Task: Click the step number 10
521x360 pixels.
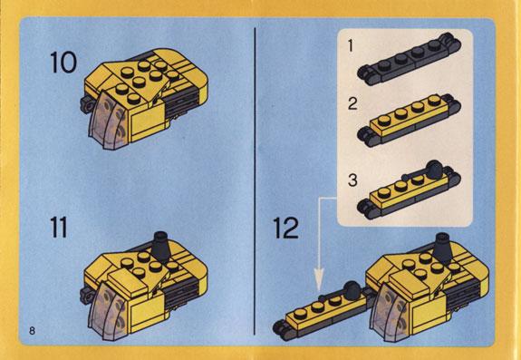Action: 63,63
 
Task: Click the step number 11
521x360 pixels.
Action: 59,227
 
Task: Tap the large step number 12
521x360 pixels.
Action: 285,228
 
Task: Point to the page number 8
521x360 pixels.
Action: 32,331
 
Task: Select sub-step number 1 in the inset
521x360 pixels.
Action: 350,45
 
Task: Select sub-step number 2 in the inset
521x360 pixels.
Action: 352,104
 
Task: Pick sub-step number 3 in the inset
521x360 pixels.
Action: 352,180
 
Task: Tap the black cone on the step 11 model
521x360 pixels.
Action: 161,246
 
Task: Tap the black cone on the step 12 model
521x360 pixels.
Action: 442,248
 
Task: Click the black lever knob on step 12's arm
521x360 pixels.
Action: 352,289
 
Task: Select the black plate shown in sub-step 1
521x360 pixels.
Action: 409,59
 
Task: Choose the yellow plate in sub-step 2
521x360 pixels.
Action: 409,114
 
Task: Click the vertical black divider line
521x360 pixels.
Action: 255,181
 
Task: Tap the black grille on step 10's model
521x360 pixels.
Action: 184,102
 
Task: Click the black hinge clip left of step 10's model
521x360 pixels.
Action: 86,104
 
